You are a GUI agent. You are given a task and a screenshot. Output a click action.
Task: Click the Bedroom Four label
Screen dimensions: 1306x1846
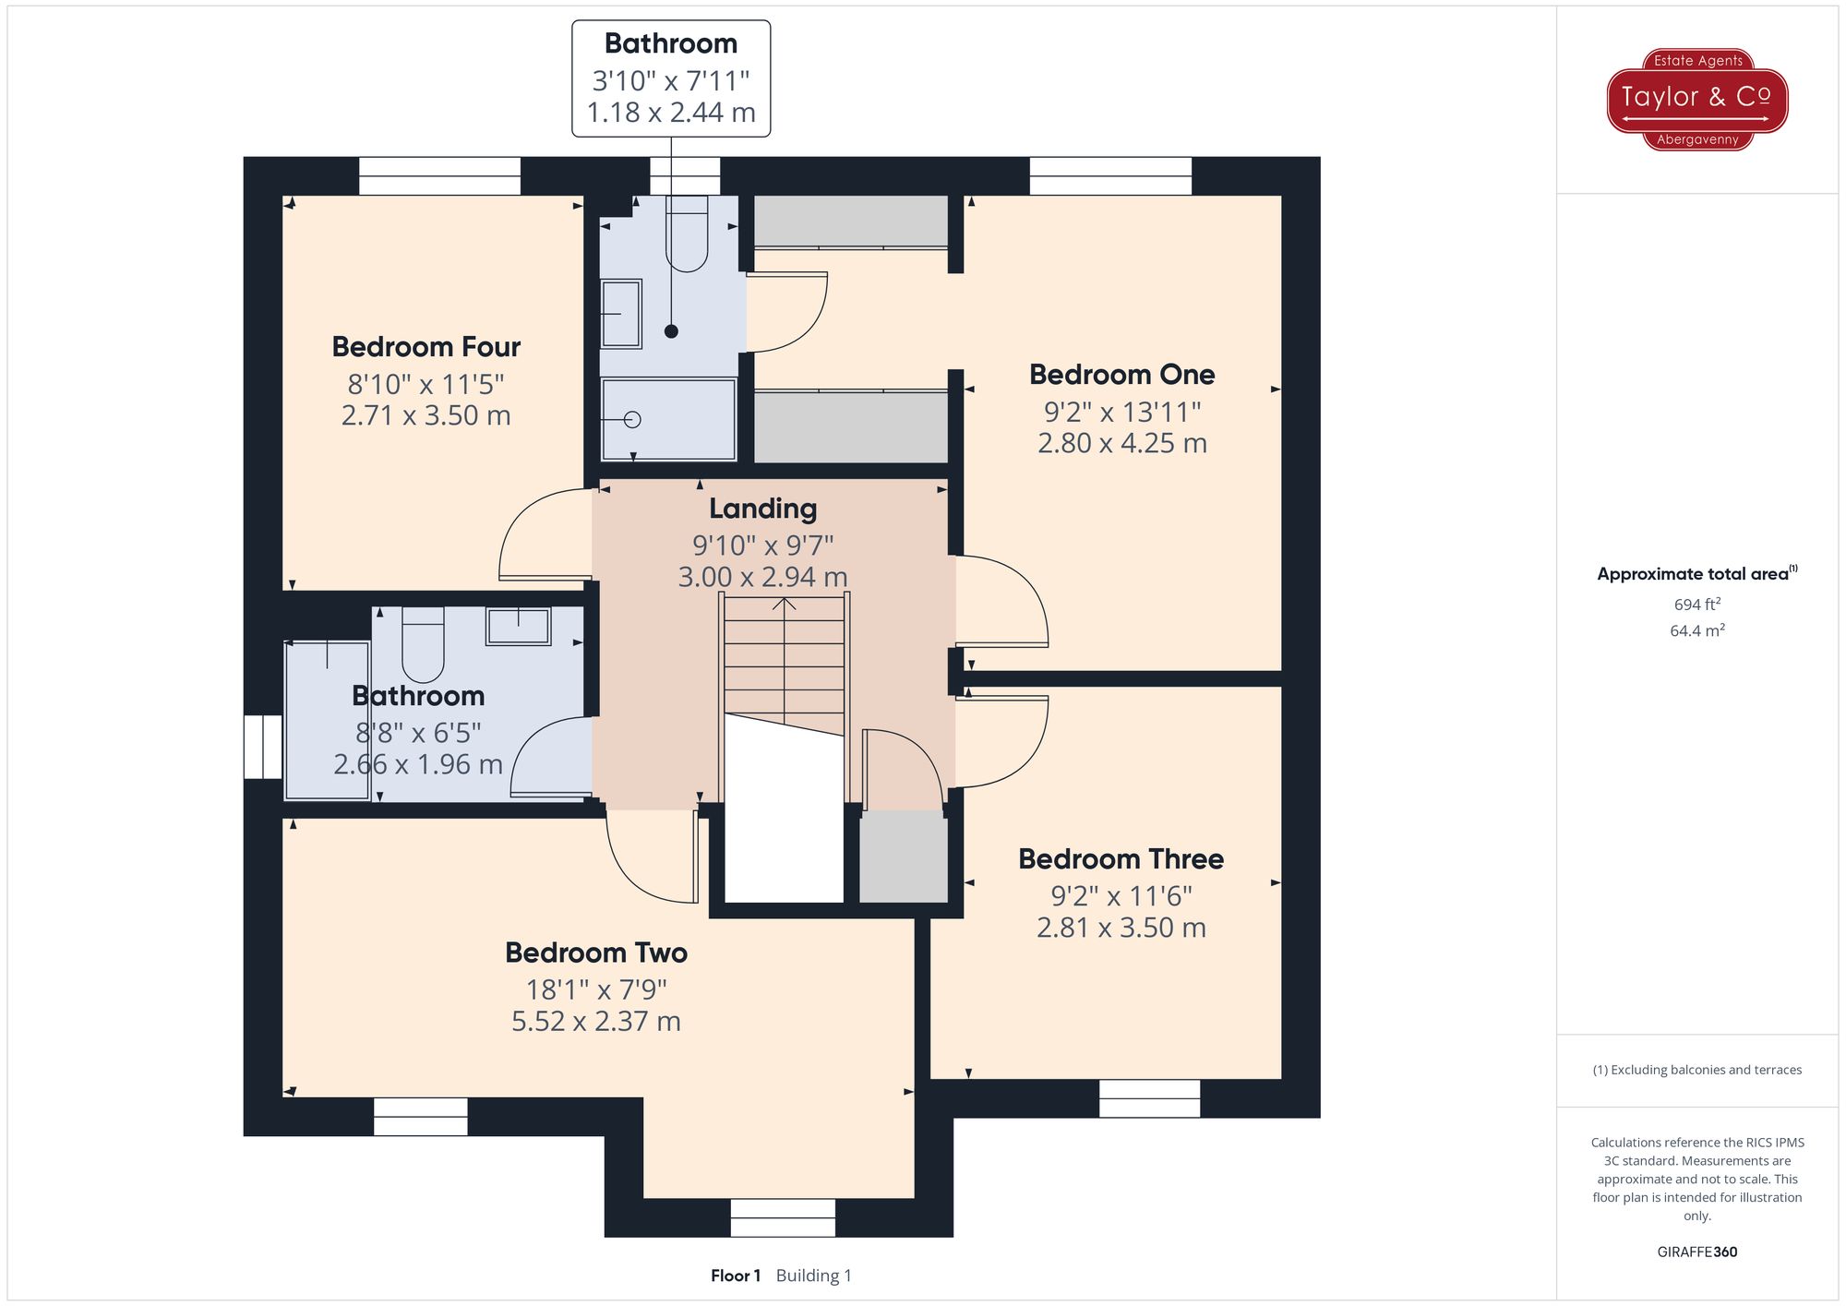pos(426,347)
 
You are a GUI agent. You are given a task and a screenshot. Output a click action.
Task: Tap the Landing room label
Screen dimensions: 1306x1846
pos(762,509)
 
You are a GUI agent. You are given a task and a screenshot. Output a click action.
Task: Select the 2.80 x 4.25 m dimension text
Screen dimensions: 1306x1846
pos(1121,443)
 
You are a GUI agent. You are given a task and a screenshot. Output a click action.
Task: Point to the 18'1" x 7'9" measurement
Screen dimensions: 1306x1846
pos(596,989)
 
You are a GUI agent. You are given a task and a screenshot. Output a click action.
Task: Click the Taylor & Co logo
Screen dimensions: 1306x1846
pos(1697,99)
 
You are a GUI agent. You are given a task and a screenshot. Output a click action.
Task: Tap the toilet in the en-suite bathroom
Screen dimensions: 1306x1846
pos(687,235)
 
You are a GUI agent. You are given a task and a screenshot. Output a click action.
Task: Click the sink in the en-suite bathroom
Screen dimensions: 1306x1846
pos(621,314)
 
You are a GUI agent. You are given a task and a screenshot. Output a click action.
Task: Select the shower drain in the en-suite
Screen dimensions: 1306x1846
pos(632,420)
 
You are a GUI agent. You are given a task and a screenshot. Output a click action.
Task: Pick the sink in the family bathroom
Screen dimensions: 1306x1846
pos(519,626)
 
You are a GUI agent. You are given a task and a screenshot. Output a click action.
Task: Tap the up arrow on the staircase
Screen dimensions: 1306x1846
pos(785,605)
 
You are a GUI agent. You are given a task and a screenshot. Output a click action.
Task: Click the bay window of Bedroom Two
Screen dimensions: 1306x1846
pos(783,1217)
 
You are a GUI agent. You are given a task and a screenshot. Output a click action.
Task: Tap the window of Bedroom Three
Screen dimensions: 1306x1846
pos(1149,1098)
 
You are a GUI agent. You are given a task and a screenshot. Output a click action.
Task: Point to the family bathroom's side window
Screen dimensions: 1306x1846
pos(263,747)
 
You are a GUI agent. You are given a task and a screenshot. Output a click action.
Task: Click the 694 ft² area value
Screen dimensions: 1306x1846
pos(1696,605)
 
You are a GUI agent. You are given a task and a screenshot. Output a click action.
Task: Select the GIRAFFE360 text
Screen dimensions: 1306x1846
pos(1696,1252)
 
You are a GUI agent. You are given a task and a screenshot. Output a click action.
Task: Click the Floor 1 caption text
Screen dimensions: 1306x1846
pos(736,1276)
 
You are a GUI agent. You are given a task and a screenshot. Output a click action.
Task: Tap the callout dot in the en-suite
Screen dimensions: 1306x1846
pos(671,331)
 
